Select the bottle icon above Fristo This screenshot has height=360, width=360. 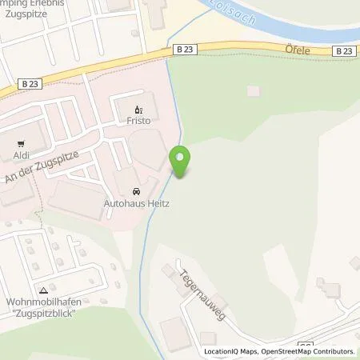(138, 111)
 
